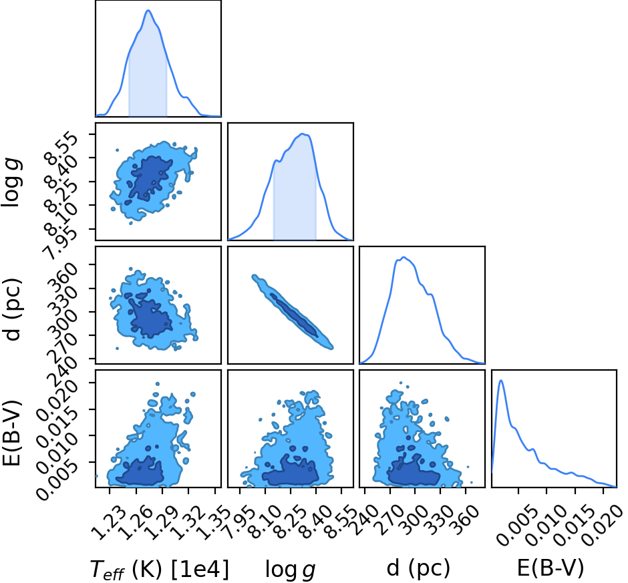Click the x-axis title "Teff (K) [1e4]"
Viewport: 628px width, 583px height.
(x=160, y=569)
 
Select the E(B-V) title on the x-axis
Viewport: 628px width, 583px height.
(x=551, y=568)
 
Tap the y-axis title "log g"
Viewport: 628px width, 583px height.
(x=12, y=182)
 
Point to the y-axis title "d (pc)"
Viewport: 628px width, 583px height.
(x=13, y=309)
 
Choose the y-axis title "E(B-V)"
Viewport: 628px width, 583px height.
(x=12, y=433)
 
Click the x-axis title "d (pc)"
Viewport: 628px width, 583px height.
(x=418, y=568)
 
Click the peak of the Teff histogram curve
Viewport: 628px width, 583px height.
(x=148, y=11)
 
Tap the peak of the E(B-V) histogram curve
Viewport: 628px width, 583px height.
(x=500, y=381)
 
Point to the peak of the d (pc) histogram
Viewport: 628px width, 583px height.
(x=404, y=257)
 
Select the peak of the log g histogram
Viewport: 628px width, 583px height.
(x=303, y=134)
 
